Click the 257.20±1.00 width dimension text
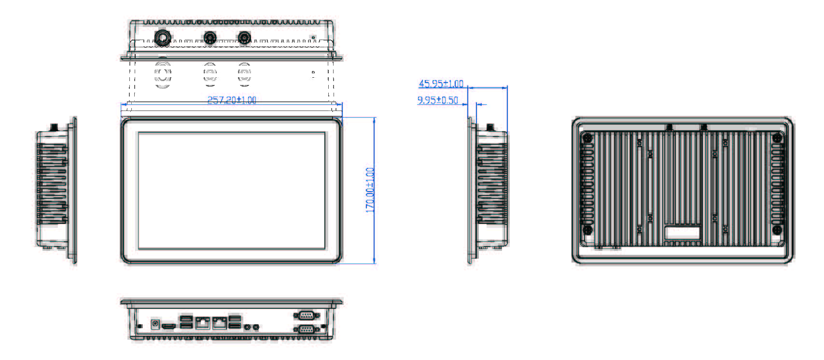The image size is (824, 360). pyautogui.click(x=232, y=100)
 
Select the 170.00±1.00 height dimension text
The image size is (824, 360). pyautogui.click(x=370, y=190)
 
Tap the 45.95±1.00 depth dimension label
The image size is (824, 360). pyautogui.click(x=441, y=84)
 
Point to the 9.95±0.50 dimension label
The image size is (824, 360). pyautogui.click(x=437, y=100)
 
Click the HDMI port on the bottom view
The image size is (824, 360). pyautogui.click(x=168, y=327)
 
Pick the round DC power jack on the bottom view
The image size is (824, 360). pyautogui.click(x=155, y=324)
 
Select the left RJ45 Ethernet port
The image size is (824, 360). pyautogui.click(x=202, y=322)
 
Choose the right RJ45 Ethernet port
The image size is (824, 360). pyautogui.click(x=220, y=322)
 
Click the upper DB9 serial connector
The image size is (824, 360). pyautogui.click(x=306, y=316)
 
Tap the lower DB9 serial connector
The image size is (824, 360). pyautogui.click(x=306, y=329)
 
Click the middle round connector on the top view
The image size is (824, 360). pyautogui.click(x=210, y=37)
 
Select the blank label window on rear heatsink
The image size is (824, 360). pyautogui.click(x=682, y=233)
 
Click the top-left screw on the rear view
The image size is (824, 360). pyautogui.click(x=587, y=138)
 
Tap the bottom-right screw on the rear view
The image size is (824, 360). pyautogui.click(x=777, y=230)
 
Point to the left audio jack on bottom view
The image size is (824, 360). pyautogui.click(x=248, y=327)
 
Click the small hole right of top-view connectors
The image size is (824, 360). pyautogui.click(x=313, y=37)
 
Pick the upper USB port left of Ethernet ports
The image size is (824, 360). pyautogui.click(x=185, y=319)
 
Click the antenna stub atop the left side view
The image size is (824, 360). pyautogui.click(x=54, y=127)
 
